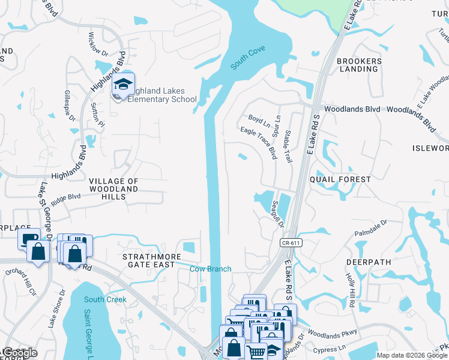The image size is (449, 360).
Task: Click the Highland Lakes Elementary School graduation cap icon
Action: point(123,85)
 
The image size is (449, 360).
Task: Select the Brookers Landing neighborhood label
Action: point(358,65)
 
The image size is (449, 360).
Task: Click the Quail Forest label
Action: point(340,179)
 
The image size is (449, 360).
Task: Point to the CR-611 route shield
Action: point(290,242)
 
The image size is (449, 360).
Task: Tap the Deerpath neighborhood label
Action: point(369,262)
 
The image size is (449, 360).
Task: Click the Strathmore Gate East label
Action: point(149,260)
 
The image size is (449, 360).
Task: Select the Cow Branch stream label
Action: point(211,269)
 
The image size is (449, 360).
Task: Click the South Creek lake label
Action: point(105,299)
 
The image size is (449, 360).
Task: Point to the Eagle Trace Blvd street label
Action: point(258,143)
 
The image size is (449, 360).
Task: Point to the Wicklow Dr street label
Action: point(100,44)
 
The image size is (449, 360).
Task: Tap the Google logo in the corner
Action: point(20,353)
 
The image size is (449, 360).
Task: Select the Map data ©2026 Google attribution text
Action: point(411,355)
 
